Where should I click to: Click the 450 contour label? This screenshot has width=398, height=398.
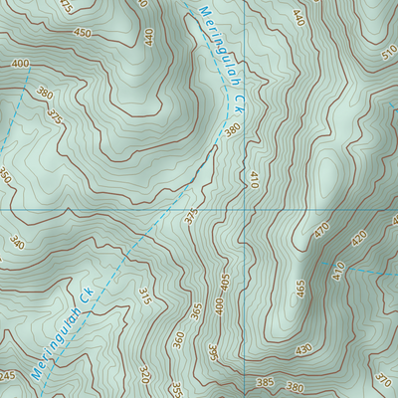(81, 33)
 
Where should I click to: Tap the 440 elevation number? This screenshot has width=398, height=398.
(148, 37)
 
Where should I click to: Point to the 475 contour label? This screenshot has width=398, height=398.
(67, 6)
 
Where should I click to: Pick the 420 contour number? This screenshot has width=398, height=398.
(359, 238)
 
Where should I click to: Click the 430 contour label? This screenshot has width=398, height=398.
(302, 349)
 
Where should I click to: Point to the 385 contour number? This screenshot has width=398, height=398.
(265, 382)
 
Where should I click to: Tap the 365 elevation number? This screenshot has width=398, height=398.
(196, 313)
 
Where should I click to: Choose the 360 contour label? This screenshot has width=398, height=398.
(178, 340)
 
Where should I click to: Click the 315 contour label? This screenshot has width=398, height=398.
(144, 296)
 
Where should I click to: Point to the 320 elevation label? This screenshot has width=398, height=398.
(144, 375)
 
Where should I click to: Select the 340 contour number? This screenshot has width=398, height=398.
(15, 242)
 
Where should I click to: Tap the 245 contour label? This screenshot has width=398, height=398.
(7, 375)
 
